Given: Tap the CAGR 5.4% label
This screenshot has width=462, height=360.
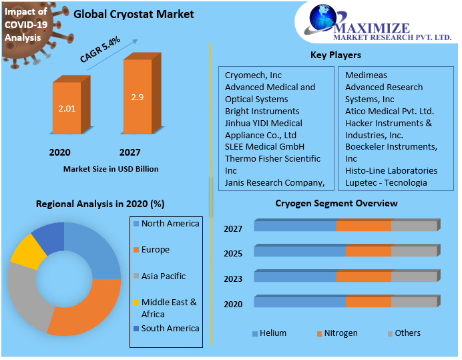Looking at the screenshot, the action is point(100,49).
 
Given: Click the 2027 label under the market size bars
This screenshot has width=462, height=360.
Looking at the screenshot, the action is point(130,152).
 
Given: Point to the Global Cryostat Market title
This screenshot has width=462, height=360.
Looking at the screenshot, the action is point(134,14).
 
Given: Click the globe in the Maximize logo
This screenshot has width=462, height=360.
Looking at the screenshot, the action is point(322,17).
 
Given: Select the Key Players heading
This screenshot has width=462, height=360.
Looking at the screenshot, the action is point(336,55).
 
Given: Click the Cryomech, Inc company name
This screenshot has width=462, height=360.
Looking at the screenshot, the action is point(253,75).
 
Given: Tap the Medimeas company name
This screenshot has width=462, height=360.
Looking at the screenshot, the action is point(366,75).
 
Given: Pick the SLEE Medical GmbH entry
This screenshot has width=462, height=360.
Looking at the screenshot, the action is point(264,146).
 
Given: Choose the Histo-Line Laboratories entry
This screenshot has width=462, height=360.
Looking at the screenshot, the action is point(391,171).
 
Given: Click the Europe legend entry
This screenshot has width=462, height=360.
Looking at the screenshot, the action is point(152,250).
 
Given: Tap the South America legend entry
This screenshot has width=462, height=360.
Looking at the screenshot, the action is point(167,329).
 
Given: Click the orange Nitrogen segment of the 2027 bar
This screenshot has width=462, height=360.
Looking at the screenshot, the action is point(364,225).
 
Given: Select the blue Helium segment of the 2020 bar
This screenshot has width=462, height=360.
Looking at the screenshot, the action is point(300,301).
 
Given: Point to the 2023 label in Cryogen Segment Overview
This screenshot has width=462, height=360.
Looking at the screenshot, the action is point(233,279).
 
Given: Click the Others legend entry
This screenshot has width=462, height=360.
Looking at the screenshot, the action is point(405,333).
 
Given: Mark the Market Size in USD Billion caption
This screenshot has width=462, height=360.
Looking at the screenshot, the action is point(111,169).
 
